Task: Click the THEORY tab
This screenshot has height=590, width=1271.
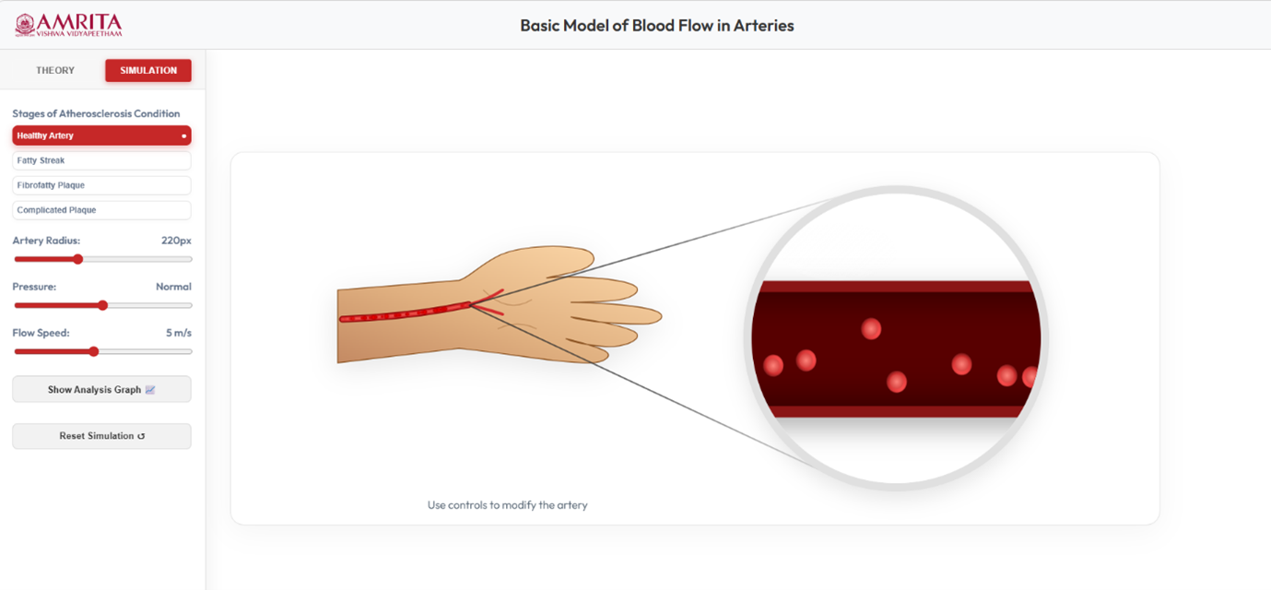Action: (x=55, y=70)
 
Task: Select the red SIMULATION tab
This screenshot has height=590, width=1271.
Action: (x=148, y=70)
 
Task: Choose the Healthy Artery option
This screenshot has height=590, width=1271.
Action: (x=101, y=136)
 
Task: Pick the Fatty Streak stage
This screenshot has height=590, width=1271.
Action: (x=101, y=160)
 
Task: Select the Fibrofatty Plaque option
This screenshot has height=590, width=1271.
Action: (x=101, y=185)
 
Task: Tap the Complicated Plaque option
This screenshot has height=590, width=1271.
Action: (x=101, y=210)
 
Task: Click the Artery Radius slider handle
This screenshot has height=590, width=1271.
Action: (x=78, y=259)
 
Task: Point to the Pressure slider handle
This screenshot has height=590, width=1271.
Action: (x=102, y=305)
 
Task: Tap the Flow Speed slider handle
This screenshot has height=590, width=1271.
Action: (x=94, y=352)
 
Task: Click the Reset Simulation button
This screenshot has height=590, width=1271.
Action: (x=101, y=436)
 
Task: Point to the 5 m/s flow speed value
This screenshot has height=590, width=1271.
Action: (x=179, y=333)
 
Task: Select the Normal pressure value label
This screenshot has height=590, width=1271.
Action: (x=173, y=287)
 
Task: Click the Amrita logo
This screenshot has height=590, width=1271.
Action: (x=68, y=25)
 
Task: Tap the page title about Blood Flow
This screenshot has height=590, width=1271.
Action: (x=657, y=26)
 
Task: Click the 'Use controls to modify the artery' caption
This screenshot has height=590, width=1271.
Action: (x=507, y=505)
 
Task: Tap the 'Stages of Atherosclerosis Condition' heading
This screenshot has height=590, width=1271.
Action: (x=96, y=113)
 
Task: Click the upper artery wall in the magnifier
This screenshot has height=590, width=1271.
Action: (x=897, y=287)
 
